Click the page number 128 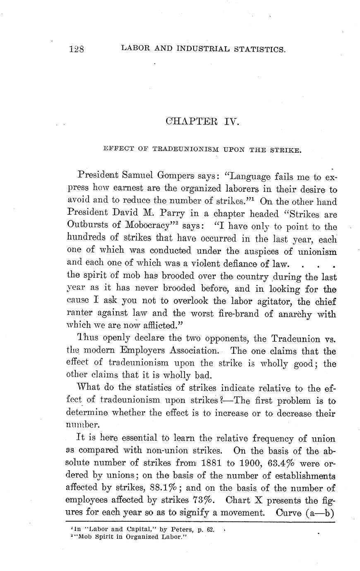pos(77,49)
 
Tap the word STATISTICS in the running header pos(259,49)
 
